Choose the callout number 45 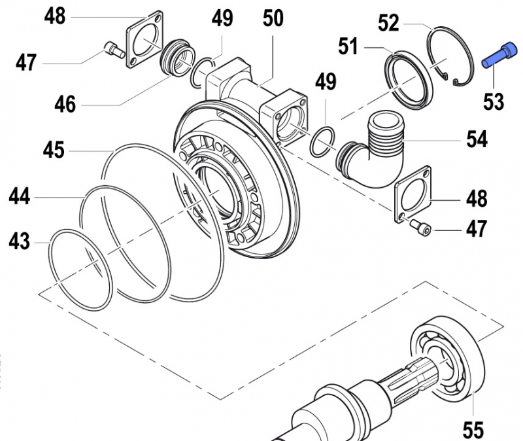coord(54,150)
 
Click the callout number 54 coord(477,139)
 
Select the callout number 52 coord(388,24)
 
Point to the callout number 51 coord(349,47)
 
